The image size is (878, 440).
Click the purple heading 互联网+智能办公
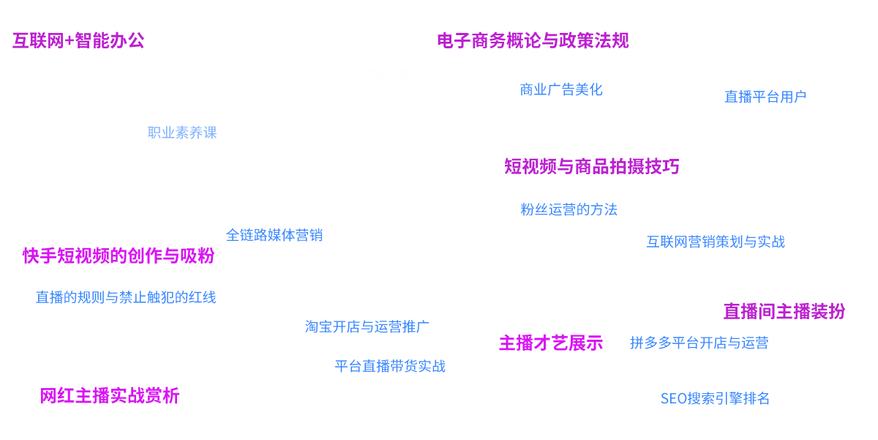pyautogui.click(x=78, y=40)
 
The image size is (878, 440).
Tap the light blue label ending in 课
pyautogui.click(x=182, y=133)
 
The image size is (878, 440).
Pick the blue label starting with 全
pyautogui.click(x=274, y=235)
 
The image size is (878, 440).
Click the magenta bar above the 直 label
pyautogui.click(x=119, y=256)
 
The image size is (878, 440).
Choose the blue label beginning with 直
pyautogui.click(x=126, y=297)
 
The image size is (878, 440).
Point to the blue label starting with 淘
pyautogui.click(x=367, y=326)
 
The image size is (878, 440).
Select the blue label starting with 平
pyautogui.click(x=390, y=365)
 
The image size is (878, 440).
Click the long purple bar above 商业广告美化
pyautogui.click(x=533, y=40)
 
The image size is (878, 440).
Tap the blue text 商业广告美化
pyautogui.click(x=560, y=90)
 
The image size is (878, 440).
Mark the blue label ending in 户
pyautogui.click(x=765, y=96)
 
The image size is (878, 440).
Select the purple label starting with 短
pyautogui.click(x=591, y=166)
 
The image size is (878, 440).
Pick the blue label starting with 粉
pyautogui.click(x=569, y=209)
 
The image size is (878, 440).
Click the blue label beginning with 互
pyautogui.click(x=716, y=242)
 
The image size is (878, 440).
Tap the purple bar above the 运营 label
pyautogui.click(x=784, y=311)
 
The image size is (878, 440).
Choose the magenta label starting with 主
pyautogui.click(x=551, y=342)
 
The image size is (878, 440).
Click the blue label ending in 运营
pyautogui.click(x=699, y=343)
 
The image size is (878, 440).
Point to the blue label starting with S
pyautogui.click(x=715, y=398)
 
